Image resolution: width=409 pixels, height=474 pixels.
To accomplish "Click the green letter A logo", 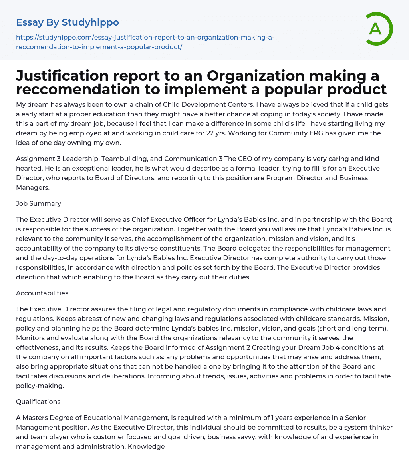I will click(x=377, y=29).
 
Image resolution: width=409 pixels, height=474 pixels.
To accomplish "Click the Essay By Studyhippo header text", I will click(x=68, y=22).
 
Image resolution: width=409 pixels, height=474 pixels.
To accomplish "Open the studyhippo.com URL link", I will click(x=145, y=42).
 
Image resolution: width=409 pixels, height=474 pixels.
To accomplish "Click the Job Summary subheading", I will click(x=38, y=203).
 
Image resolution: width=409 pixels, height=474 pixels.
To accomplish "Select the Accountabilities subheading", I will click(x=42, y=293).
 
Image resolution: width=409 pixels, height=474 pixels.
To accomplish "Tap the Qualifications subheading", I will click(x=38, y=402).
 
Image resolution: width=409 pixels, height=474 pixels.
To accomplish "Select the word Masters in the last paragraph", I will click(x=35, y=418).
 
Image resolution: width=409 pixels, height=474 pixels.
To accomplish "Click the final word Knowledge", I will click(x=146, y=446).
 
